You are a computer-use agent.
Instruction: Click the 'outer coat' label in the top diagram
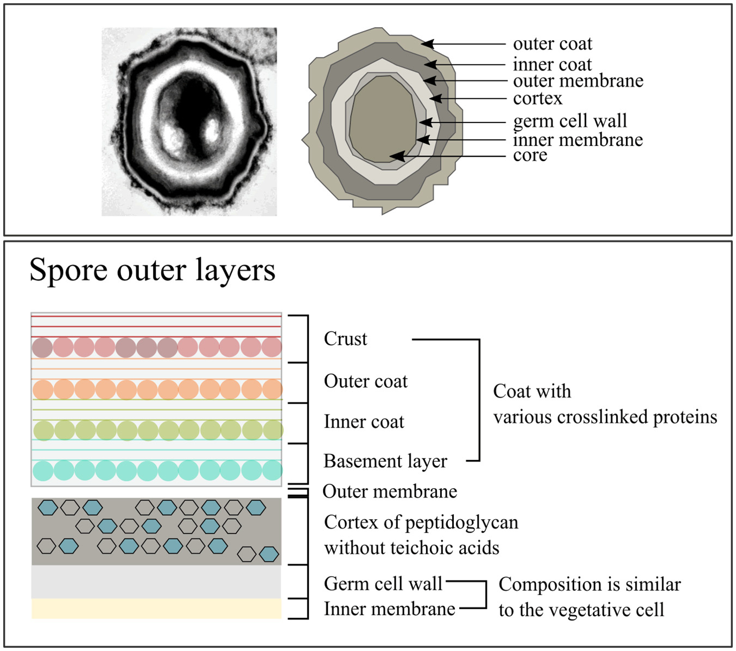(552, 44)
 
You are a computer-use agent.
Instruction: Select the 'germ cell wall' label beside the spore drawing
(569, 121)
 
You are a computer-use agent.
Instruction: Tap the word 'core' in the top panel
(530, 156)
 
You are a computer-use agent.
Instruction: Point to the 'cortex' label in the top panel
(537, 99)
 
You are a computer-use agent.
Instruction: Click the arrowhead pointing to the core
(398, 156)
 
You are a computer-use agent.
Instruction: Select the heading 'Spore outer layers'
(152, 270)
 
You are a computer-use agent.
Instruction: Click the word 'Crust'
(345, 339)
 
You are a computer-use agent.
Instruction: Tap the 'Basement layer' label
(385, 461)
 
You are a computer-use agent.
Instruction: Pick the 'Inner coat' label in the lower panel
(364, 422)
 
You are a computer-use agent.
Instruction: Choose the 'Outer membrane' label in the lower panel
(390, 492)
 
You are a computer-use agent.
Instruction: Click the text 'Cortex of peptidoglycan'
(421, 522)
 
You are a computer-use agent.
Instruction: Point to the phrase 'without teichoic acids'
(411, 548)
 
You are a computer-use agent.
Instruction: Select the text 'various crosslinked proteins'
(605, 417)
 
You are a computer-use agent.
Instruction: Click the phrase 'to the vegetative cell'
(581, 610)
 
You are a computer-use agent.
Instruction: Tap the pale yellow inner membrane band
(156, 609)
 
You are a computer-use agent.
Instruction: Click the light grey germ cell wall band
(156, 582)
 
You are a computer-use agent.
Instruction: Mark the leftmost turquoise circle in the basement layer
(43, 470)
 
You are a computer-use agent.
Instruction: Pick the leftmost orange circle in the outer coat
(43, 390)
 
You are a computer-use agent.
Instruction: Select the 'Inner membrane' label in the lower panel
(389, 609)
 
